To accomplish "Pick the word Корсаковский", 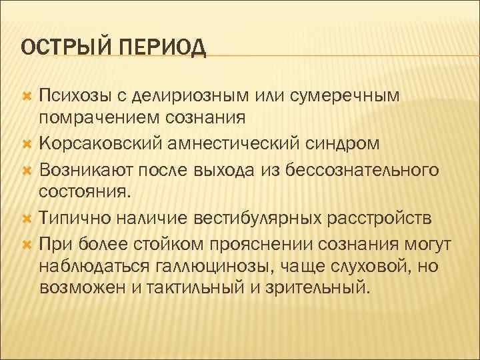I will tap(94, 143).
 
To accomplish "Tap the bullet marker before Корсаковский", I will tap(27, 143).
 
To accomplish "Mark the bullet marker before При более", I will tap(27, 243).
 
